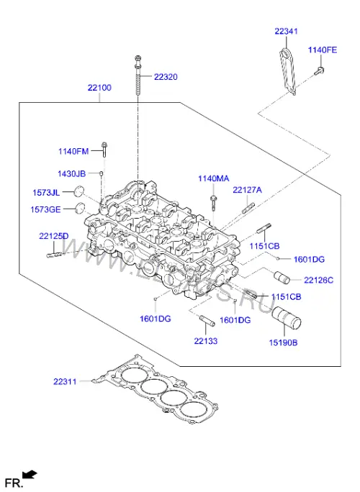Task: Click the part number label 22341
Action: tap(286, 32)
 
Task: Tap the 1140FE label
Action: tap(323, 50)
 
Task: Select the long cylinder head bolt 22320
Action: tap(138, 76)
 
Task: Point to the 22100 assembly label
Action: tap(99, 88)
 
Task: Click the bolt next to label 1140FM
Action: tap(104, 150)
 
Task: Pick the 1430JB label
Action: tap(71, 173)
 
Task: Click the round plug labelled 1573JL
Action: tap(79, 191)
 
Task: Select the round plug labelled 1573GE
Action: tap(81, 209)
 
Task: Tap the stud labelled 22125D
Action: tap(55, 255)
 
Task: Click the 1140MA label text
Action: tap(214, 178)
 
